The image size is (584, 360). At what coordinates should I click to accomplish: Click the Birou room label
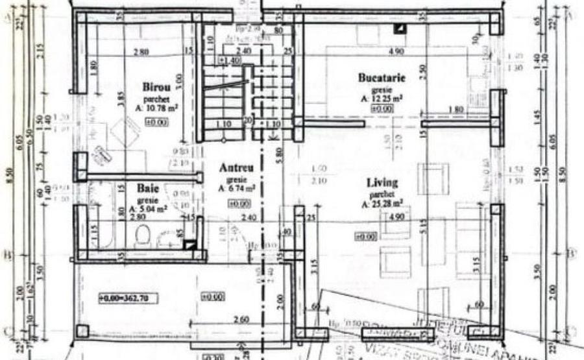coord(155,86)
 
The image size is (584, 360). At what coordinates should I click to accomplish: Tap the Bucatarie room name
coord(382,78)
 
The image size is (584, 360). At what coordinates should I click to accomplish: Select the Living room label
coord(382,183)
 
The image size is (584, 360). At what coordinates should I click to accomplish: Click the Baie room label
coord(147,188)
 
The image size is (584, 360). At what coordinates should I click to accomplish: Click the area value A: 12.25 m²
coord(382,99)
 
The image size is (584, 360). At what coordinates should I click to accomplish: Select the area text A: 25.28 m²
coord(382,204)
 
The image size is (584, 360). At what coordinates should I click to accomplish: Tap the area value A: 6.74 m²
coord(236,188)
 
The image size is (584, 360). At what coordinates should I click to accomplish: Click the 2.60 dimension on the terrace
coord(239,320)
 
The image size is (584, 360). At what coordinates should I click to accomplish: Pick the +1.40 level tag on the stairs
coord(230,60)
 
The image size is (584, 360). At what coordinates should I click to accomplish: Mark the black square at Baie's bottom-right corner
coord(189,245)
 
